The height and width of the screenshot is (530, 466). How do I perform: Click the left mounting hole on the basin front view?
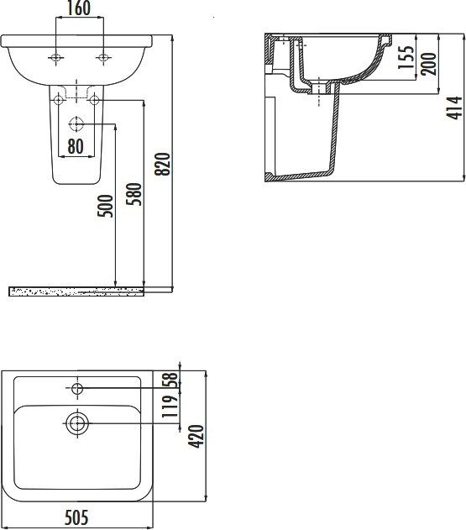coord(56,57)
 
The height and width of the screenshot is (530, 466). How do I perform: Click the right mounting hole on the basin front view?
coord(103,57)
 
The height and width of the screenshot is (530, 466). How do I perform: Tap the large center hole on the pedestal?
coord(77,123)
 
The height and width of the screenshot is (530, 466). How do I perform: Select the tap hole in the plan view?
coord(77,388)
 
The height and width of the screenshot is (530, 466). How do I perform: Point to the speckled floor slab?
coord(76,291)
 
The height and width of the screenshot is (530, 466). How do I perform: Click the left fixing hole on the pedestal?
coord(59,100)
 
